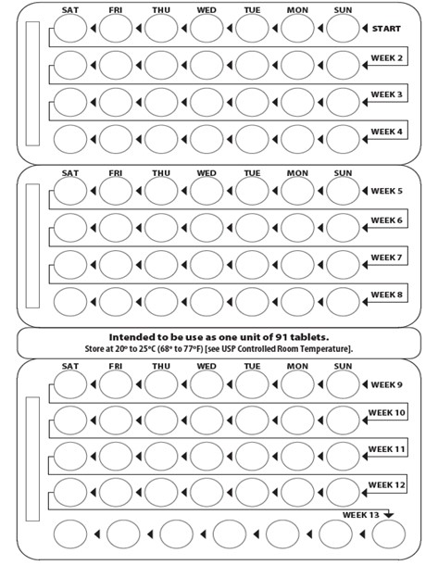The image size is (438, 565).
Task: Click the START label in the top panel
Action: click(x=387, y=29)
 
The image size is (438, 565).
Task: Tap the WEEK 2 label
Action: click(x=387, y=57)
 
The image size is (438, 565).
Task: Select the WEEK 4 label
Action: click(x=387, y=132)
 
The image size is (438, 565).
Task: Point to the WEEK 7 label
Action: click(x=387, y=257)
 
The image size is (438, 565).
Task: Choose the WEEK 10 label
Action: click(x=387, y=412)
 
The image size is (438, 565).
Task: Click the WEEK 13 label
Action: click(x=360, y=514)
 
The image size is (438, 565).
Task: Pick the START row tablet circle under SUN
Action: click(x=343, y=30)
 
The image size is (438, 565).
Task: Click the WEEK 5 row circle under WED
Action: click(x=206, y=191)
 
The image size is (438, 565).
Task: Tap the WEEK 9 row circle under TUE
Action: click(x=252, y=384)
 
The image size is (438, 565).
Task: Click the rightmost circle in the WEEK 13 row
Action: click(x=389, y=534)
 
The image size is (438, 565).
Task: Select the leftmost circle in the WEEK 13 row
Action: click(x=71, y=534)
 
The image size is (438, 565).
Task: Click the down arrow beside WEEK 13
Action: click(x=389, y=515)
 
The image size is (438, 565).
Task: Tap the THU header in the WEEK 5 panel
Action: click(x=161, y=173)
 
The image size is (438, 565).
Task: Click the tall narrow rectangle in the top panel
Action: click(x=32, y=82)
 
